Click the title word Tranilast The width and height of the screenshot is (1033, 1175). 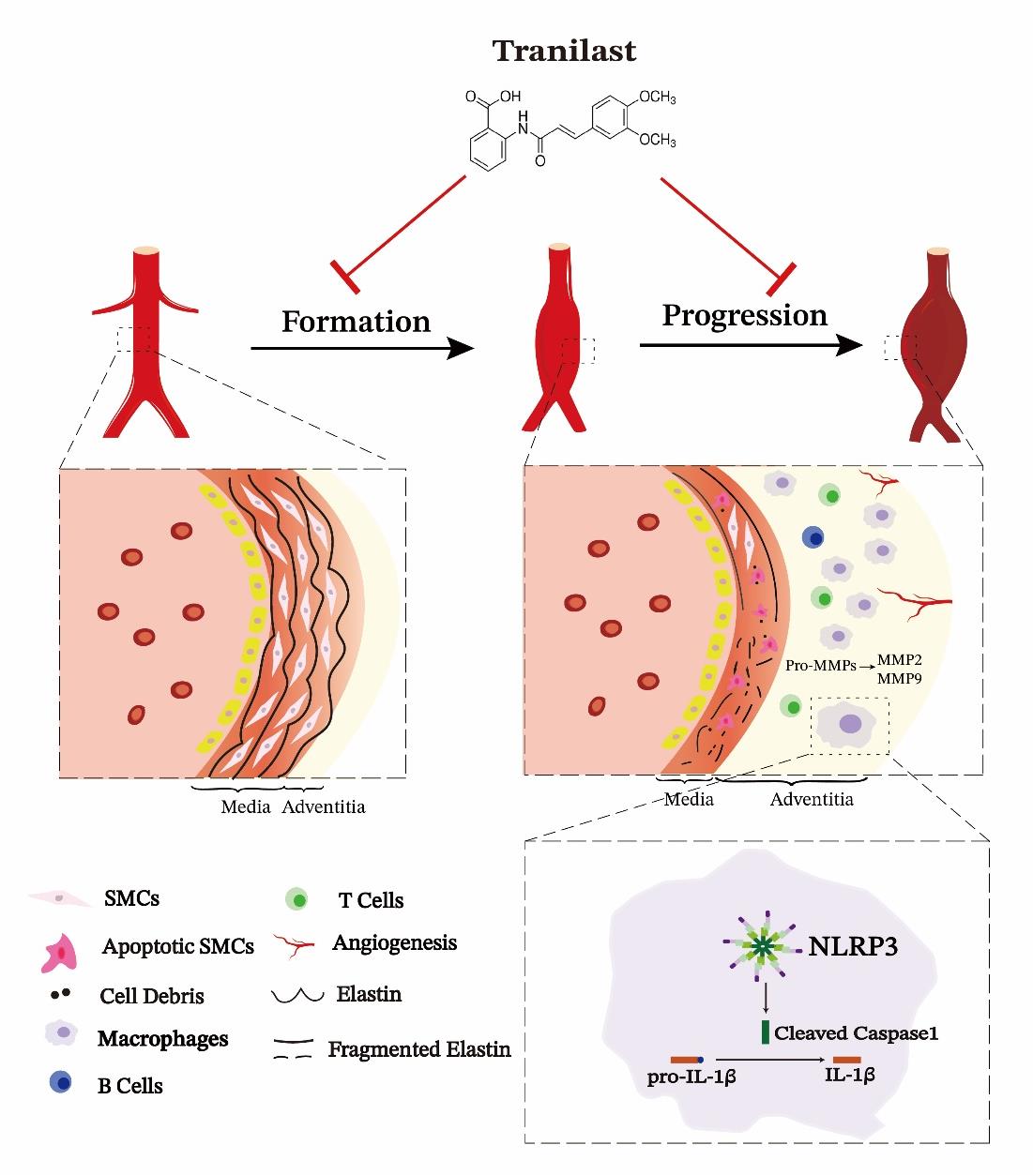tap(565, 50)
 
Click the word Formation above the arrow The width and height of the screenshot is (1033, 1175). tap(356, 322)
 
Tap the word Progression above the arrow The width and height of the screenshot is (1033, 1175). tap(745, 315)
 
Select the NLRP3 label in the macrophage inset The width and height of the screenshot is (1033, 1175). tap(853, 947)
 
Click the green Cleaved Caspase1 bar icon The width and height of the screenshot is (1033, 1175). tap(765, 1032)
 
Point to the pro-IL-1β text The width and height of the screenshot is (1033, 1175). tap(691, 1077)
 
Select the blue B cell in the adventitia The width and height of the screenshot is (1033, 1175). tap(813, 537)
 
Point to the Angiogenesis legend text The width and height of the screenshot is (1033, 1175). tap(394, 942)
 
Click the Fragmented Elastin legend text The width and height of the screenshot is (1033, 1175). tap(419, 1048)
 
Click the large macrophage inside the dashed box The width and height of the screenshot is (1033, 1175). tap(849, 724)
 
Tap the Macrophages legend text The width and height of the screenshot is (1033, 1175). tap(162, 1039)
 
